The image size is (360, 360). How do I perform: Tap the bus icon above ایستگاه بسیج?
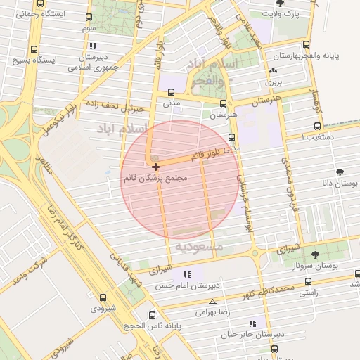coord(34,50)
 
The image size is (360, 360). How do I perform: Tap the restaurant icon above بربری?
coord(272,72)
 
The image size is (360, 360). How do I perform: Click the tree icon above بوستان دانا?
coord(340,172)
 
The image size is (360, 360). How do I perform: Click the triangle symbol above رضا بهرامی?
coord(212,301)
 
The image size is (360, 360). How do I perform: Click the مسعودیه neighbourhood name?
coord(198,247)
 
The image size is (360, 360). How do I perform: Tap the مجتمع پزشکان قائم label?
coord(155,179)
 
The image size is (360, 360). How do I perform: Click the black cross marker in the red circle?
coord(155,167)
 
